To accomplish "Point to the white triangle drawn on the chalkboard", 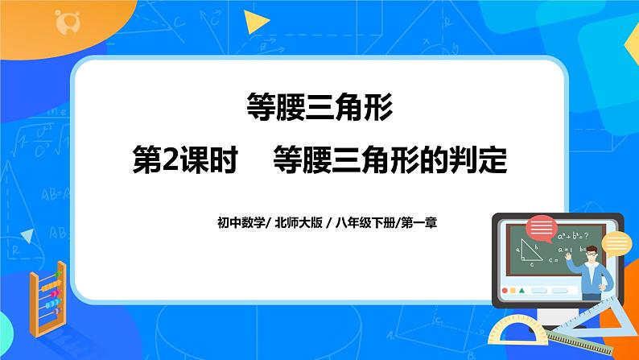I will point(527,252).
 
